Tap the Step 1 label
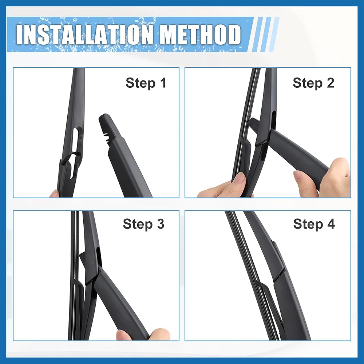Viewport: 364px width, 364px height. coord(146,83)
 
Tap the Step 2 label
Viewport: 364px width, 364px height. coord(313,83)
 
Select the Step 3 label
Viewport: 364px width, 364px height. coord(143,224)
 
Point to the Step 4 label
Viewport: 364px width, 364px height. coord(314,224)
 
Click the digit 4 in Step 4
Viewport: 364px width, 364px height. coord(331,224)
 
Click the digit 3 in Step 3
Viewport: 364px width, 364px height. coord(160,224)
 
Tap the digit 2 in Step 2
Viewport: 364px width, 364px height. coord(330,83)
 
